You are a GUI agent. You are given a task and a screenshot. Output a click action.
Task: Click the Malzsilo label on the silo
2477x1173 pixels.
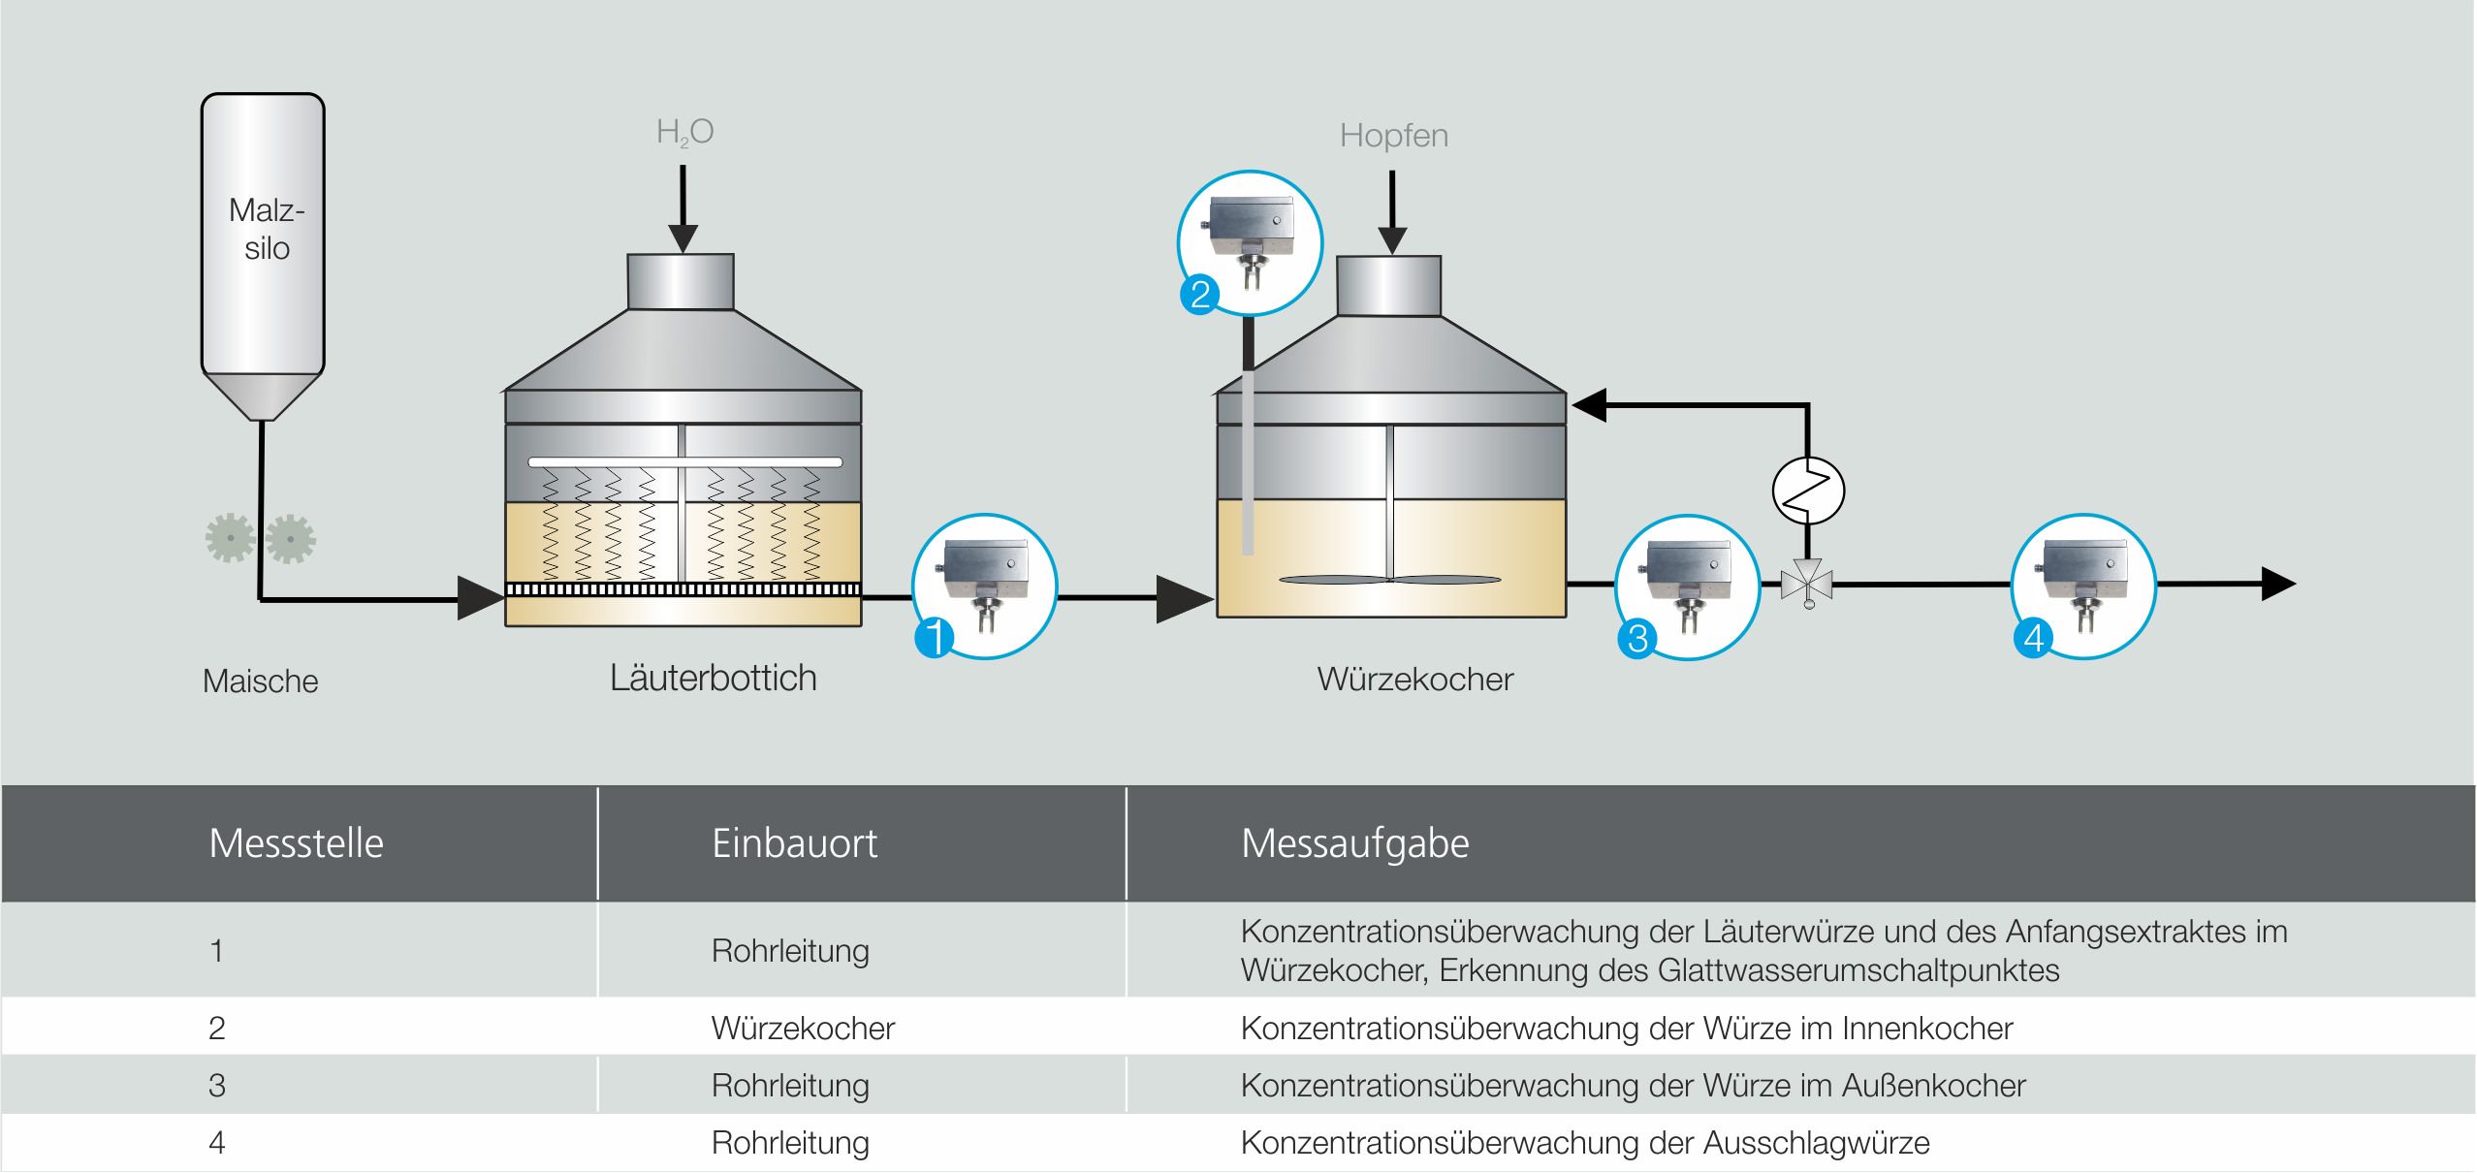(x=266, y=229)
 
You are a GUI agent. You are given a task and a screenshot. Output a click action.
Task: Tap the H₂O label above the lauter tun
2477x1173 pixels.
(x=684, y=133)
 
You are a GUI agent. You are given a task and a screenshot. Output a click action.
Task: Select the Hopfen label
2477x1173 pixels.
(x=1393, y=136)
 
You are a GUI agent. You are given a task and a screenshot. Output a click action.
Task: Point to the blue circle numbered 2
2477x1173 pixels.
(x=1200, y=294)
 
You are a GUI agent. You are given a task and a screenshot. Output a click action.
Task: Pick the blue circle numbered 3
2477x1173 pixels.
(x=1637, y=638)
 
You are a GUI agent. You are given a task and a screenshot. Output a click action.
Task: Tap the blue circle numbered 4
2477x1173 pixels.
(x=2034, y=638)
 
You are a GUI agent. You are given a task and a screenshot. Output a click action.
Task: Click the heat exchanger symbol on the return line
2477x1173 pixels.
(x=1808, y=491)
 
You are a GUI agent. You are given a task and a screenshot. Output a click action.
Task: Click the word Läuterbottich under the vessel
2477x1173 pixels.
(x=713, y=678)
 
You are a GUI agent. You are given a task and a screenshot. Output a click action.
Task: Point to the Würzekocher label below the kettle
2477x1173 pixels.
(x=1414, y=680)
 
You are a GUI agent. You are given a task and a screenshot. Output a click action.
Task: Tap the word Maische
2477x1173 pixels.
(x=260, y=682)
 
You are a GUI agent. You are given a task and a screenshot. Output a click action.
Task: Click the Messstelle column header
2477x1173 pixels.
(x=296, y=843)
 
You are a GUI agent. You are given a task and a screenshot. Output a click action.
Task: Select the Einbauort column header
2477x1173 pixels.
(x=794, y=843)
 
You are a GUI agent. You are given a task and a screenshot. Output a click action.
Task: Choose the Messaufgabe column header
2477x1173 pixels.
(x=1354, y=843)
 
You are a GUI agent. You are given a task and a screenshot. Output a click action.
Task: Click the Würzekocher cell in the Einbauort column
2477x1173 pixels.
(x=803, y=1028)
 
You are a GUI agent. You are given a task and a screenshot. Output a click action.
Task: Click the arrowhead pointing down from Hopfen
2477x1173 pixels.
(x=1393, y=239)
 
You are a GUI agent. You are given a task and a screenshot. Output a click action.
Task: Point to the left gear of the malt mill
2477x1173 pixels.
(x=231, y=539)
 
